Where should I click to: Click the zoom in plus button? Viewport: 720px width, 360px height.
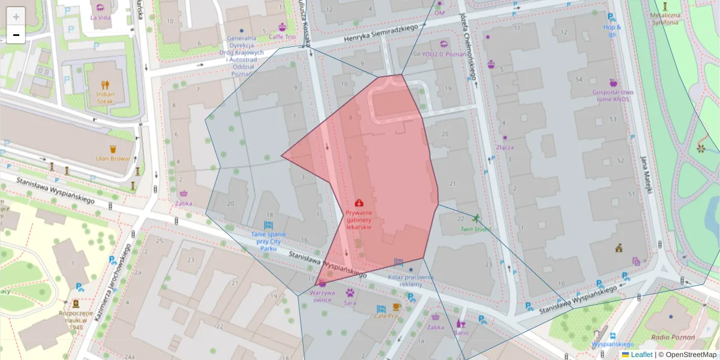(x=16, y=17)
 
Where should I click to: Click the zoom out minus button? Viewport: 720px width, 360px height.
(x=16, y=35)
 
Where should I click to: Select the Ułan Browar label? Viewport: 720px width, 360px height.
(x=113, y=159)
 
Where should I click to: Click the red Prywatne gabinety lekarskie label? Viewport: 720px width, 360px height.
(x=359, y=220)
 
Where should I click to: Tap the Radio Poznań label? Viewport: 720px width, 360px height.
(x=673, y=337)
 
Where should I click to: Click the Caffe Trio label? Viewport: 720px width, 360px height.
(x=282, y=37)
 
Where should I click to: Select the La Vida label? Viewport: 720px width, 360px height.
(x=100, y=17)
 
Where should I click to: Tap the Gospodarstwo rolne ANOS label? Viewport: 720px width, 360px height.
(x=613, y=96)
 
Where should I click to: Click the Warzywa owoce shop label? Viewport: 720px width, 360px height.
(x=322, y=296)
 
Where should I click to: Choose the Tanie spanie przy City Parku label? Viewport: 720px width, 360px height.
(x=268, y=241)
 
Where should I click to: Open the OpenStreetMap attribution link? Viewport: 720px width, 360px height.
(x=691, y=355)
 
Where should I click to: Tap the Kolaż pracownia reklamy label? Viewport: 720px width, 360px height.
(x=410, y=280)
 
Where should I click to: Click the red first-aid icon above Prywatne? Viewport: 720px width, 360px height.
(x=359, y=203)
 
